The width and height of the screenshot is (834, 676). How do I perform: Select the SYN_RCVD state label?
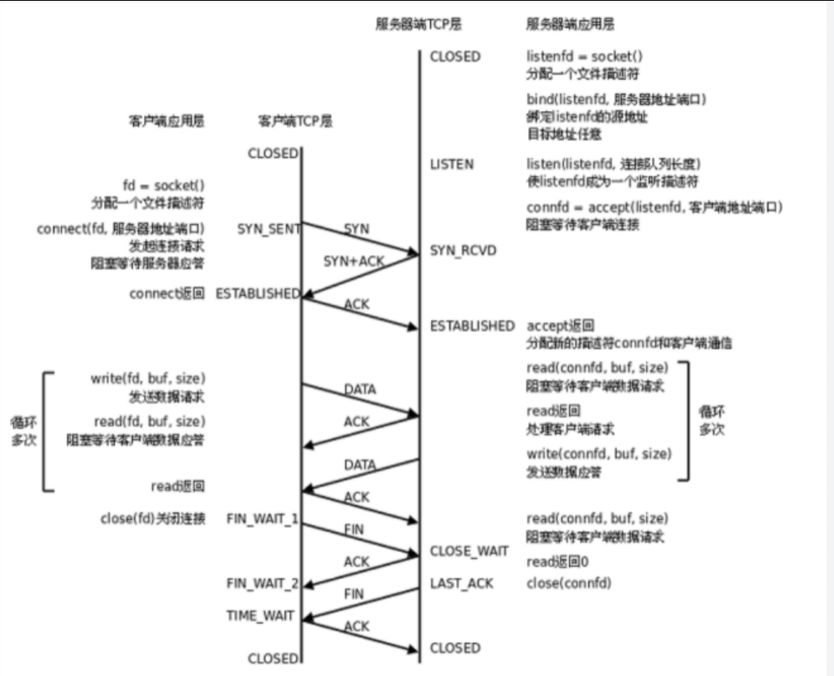(464, 251)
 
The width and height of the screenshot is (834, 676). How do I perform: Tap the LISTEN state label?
(451, 164)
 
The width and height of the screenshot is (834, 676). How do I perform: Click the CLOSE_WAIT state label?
(469, 551)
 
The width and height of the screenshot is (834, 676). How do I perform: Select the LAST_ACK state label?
(461, 583)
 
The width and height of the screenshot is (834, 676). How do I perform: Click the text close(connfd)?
(569, 583)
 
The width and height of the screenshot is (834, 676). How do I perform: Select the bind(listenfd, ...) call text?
(616, 99)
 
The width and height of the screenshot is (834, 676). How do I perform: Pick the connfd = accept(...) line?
(654, 209)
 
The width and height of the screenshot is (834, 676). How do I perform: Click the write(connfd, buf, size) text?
(599, 454)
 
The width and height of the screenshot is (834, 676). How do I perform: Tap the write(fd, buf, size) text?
(148, 378)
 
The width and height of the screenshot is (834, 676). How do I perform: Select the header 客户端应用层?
(167, 121)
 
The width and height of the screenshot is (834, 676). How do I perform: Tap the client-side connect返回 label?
(167, 294)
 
